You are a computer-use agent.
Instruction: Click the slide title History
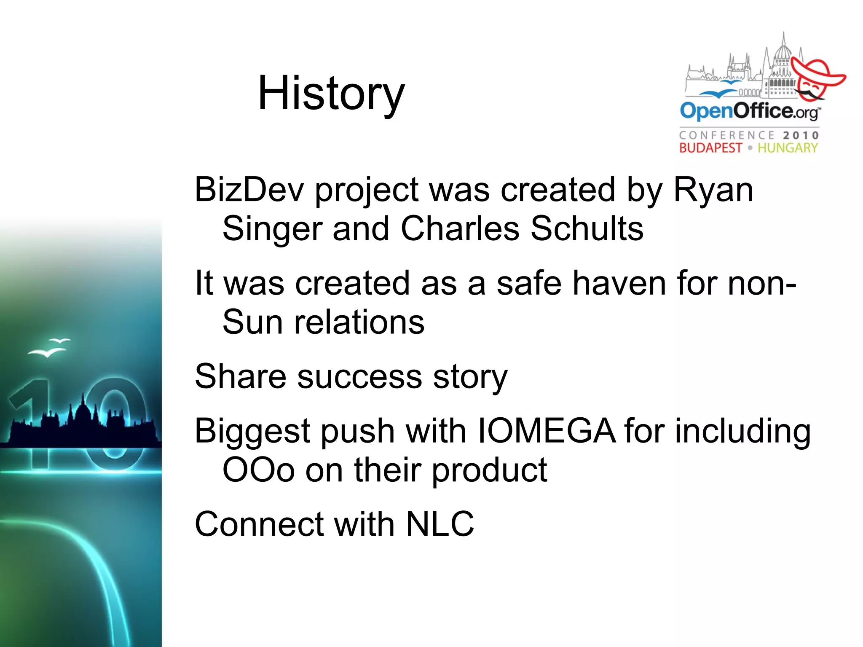331,94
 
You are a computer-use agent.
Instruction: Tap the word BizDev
249,190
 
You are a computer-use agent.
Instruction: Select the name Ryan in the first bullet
713,190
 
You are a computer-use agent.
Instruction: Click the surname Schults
587,228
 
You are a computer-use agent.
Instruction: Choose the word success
359,376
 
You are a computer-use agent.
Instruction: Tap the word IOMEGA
546,431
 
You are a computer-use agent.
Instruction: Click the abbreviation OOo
258,470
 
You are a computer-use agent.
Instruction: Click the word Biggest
252,431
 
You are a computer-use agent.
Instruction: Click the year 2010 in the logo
801,135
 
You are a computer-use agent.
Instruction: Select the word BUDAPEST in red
710,148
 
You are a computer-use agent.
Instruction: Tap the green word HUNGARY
787,148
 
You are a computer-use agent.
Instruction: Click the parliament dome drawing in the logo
783,55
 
